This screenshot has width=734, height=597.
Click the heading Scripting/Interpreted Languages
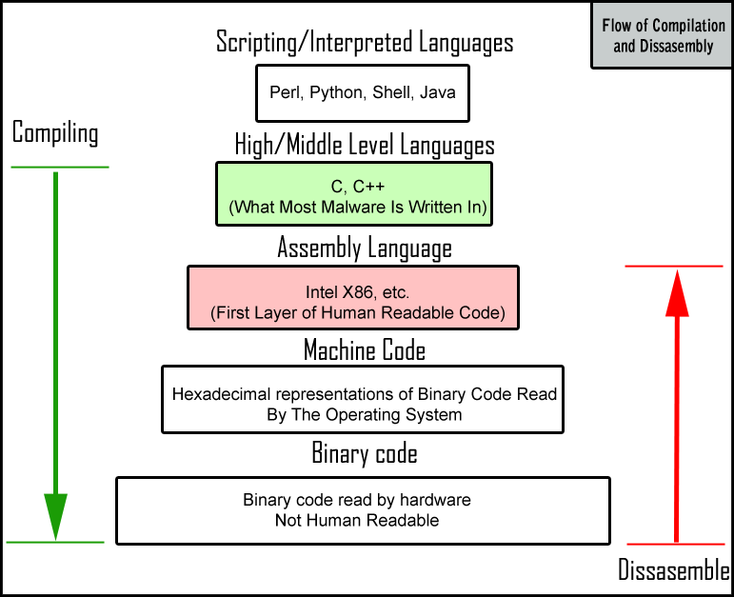pos(365,43)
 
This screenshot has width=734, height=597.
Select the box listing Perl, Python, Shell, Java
pos(363,93)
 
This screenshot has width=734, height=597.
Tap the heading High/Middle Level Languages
pos(365,145)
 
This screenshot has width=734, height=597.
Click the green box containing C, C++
pos(355,193)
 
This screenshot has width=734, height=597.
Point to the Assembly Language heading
pos(365,249)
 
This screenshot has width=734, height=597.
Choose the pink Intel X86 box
pos(354,298)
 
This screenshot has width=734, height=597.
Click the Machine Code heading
pos(365,350)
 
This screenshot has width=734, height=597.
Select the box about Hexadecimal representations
pos(363,398)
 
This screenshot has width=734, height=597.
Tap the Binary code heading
pos(365,453)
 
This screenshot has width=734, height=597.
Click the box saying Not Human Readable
pos(362,510)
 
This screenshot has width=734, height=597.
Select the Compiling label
pos(55,132)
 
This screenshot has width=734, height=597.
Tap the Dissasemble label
pos(674,571)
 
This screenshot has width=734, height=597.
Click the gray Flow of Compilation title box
pos(656,36)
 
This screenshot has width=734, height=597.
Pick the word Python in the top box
pos(342,93)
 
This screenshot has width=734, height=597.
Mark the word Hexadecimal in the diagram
pos(215,393)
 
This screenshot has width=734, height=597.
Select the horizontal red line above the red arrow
pos(674,266)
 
